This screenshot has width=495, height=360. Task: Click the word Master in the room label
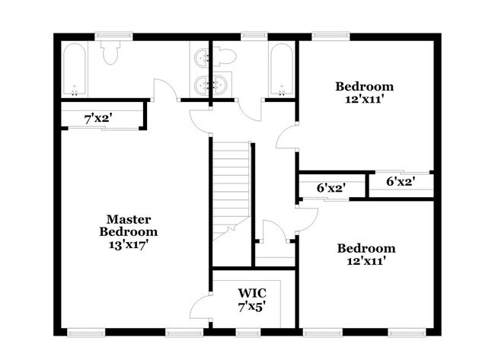(129, 219)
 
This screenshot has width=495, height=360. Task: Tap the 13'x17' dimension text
(129, 245)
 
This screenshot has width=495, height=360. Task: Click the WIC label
(252, 293)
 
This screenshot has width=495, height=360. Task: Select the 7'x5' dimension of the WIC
(251, 307)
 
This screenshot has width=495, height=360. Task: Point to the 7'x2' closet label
(98, 119)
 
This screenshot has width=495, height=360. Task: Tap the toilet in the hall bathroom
(225, 57)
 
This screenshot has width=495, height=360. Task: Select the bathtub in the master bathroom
(74, 69)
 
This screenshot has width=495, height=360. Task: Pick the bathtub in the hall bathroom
(282, 69)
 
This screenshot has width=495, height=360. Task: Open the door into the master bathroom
(165, 89)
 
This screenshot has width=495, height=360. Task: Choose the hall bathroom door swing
(250, 110)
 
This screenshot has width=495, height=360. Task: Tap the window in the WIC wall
(248, 333)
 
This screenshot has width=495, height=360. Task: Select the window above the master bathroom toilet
(113, 37)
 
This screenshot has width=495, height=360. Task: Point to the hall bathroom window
(254, 37)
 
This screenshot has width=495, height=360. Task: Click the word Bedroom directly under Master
(129, 231)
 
